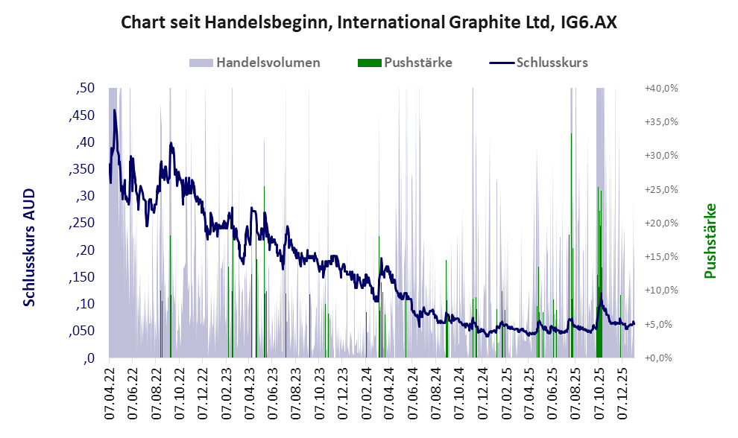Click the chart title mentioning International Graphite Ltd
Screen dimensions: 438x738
pos(368,23)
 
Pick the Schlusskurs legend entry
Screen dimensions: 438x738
pos(539,63)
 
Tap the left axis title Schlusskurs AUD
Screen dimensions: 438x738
pos(29,247)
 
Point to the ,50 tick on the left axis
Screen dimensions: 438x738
pos(86,89)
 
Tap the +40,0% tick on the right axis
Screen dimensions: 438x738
pos(660,89)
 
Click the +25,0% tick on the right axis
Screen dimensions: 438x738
pos(660,189)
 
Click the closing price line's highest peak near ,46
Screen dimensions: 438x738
pos(114,110)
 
